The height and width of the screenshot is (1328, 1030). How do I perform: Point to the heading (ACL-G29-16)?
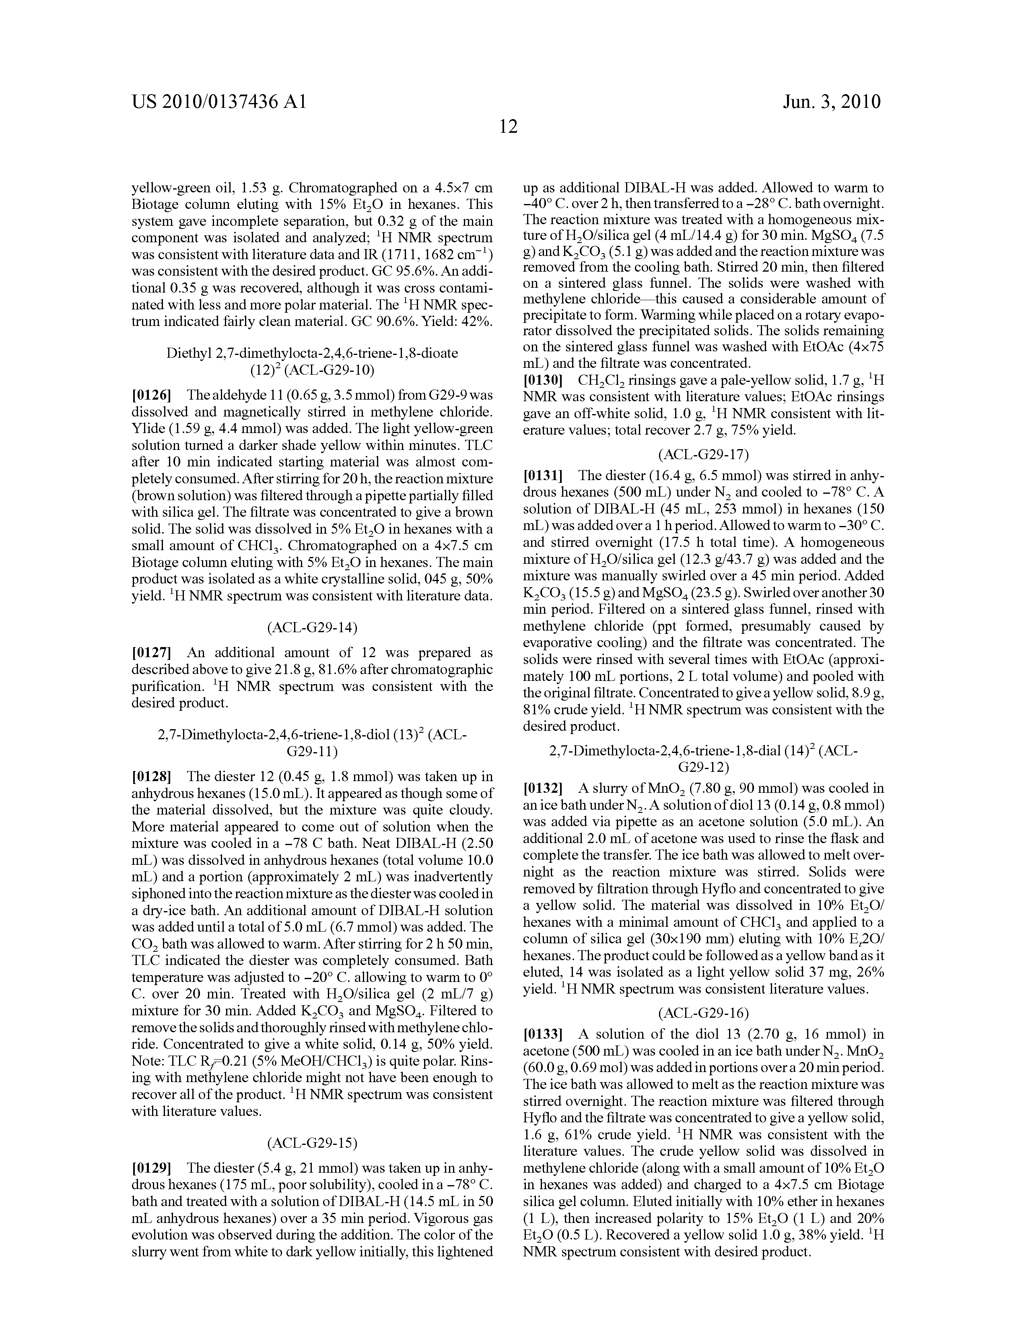(x=703, y=1013)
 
